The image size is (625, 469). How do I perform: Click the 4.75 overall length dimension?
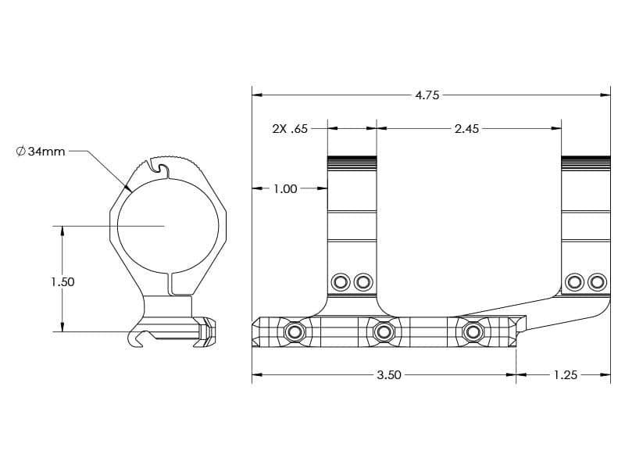(x=427, y=95)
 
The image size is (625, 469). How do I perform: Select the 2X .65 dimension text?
(x=290, y=129)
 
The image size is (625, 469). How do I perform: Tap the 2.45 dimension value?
(x=466, y=129)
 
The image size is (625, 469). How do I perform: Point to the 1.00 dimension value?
(x=285, y=188)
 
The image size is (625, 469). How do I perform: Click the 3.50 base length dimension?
(x=388, y=375)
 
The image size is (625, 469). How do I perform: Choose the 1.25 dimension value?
(x=565, y=375)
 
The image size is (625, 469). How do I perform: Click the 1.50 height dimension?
(x=62, y=281)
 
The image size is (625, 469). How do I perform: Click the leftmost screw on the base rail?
(x=295, y=332)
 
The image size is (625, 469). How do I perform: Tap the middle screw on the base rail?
(x=383, y=332)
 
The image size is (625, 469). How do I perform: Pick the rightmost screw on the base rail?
(x=472, y=332)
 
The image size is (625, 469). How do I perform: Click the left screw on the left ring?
(x=340, y=281)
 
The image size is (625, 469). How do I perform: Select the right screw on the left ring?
(x=362, y=281)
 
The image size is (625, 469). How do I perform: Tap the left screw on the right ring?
(x=575, y=281)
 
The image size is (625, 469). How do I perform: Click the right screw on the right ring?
(x=598, y=281)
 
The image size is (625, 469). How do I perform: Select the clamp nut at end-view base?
(x=206, y=331)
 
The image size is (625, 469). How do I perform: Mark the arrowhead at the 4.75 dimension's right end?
(x=605, y=95)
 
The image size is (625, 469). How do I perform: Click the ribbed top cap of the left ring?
(x=352, y=163)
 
